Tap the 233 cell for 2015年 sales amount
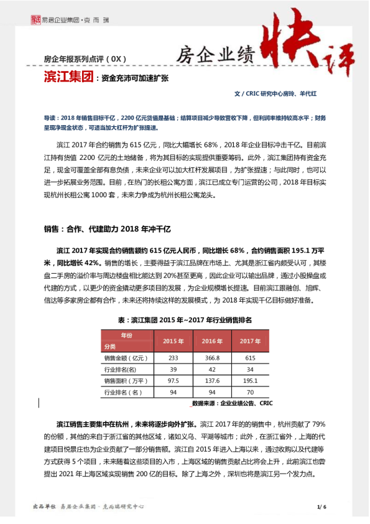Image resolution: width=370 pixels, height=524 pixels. tap(173, 358)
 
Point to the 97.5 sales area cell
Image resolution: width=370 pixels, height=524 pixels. tap(173, 380)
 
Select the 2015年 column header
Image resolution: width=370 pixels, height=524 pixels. tap(173, 341)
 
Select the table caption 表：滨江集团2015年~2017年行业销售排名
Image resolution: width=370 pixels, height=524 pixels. tap(184, 319)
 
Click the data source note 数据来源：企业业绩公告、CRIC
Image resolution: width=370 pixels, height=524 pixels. tap(232, 403)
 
